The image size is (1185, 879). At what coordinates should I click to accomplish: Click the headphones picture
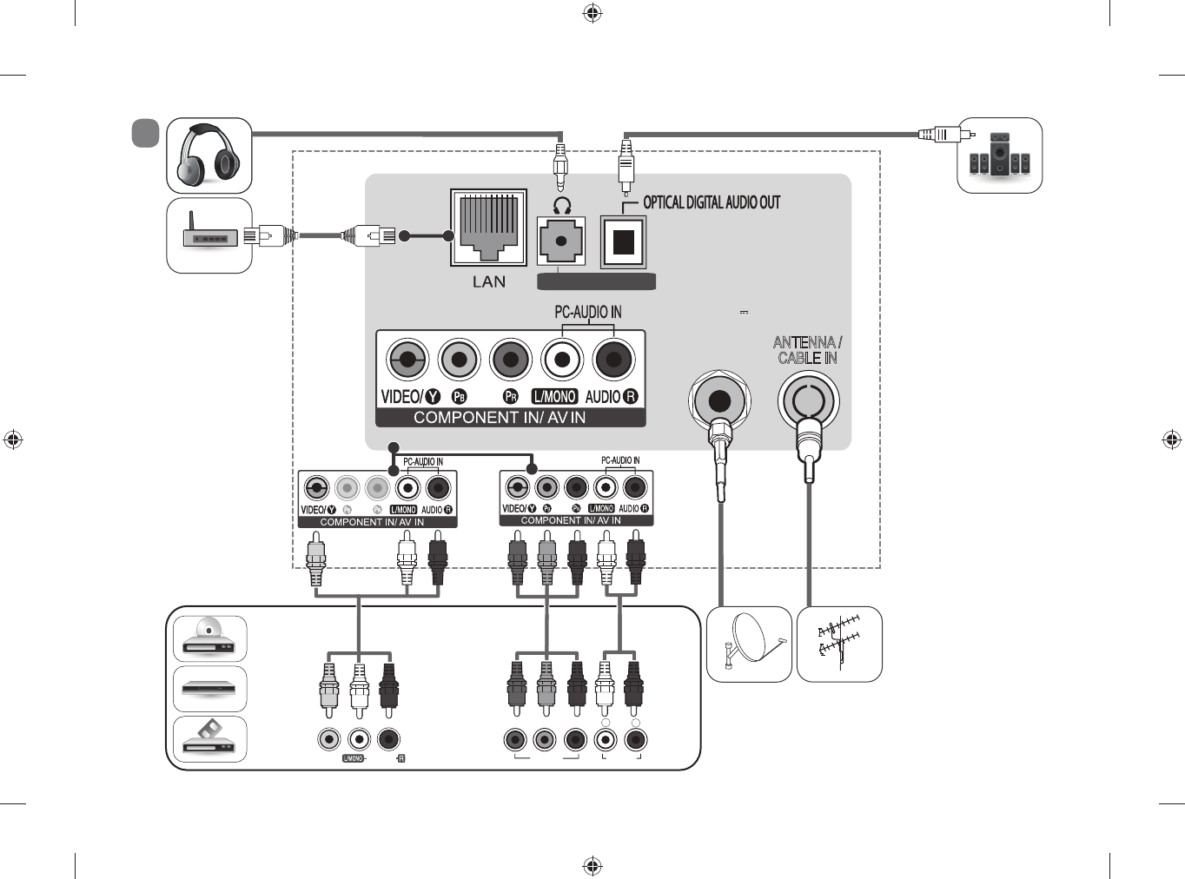[x=209, y=155]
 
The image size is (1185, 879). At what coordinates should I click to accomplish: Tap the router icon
[x=209, y=235]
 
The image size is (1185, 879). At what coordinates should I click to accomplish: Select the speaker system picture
[x=999, y=155]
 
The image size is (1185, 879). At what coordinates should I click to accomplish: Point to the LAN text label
[x=489, y=281]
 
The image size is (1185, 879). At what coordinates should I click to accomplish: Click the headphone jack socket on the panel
[x=561, y=241]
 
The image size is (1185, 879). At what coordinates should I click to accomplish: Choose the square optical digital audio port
[x=624, y=241]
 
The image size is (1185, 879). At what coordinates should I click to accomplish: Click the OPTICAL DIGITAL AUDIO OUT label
[x=712, y=202]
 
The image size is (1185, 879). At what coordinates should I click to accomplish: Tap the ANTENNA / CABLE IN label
[x=807, y=350]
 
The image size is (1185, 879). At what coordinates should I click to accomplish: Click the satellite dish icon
[x=749, y=644]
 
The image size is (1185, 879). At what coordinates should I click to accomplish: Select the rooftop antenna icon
[x=839, y=644]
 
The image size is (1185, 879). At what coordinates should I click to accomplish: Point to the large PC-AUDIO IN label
[x=588, y=312]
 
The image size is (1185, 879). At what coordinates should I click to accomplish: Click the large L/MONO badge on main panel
[x=554, y=397]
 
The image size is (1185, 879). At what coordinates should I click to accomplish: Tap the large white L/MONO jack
[x=562, y=359]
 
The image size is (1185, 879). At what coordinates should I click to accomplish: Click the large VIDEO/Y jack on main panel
[x=407, y=359]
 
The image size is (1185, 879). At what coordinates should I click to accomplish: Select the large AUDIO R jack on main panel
[x=614, y=359]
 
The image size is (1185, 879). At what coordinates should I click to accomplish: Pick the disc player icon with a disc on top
[x=209, y=638]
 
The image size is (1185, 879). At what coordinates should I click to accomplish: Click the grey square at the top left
[x=145, y=133]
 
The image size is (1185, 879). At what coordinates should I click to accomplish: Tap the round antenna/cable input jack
[x=808, y=401]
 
